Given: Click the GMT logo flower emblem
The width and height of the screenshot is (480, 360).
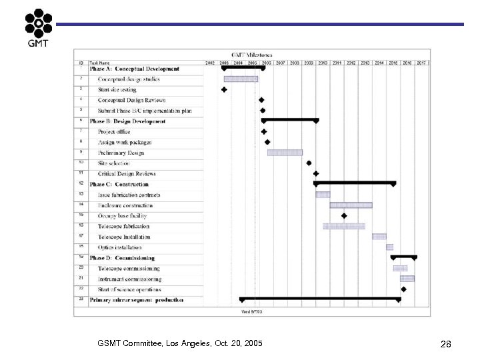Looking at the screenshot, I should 38,24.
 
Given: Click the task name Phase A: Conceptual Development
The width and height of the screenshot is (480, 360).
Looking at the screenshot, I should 134,69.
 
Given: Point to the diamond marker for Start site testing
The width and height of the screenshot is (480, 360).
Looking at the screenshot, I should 224,89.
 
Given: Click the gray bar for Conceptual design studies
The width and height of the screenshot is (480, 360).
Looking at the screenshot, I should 240,79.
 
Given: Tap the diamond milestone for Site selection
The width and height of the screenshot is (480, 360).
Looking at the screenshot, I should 309,163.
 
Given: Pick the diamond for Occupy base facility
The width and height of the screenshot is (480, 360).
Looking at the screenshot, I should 344,216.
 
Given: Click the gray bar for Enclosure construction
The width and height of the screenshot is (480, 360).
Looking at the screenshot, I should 351,205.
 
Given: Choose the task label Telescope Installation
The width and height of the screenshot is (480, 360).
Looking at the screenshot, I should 124,237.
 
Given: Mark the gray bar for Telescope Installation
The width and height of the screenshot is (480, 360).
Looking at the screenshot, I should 379,237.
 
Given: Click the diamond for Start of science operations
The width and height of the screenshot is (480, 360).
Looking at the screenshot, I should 403,289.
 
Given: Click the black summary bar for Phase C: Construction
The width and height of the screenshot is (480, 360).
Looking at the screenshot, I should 355,183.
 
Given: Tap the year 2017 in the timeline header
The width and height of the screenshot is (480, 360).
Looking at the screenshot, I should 421,63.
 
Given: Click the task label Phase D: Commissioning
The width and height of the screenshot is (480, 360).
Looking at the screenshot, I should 122,258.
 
